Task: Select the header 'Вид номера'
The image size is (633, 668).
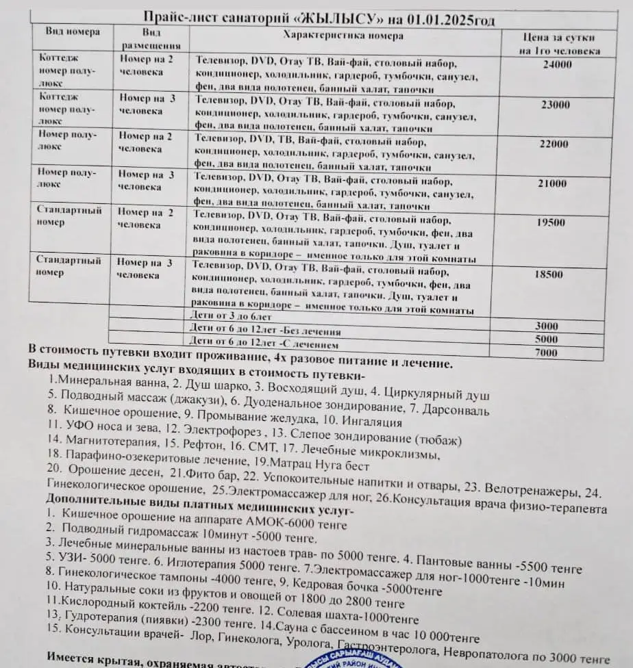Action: click(73, 31)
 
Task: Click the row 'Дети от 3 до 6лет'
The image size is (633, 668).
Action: click(230, 317)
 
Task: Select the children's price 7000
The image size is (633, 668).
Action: click(546, 352)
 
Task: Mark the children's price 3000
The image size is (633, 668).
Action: click(546, 326)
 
